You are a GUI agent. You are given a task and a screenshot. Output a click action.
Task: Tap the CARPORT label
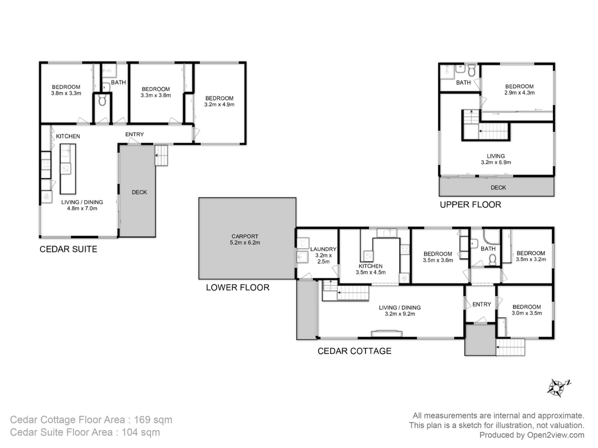pos(245,236)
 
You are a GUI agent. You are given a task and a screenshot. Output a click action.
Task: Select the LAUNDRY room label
pos(323,249)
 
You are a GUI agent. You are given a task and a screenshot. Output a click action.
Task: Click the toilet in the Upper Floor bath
pos(471,70)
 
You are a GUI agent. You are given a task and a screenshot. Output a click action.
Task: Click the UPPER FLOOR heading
pos(470,205)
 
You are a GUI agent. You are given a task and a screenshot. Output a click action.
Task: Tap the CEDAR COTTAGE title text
pos(354,351)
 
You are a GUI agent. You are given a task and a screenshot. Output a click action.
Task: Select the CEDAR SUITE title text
pos(69,249)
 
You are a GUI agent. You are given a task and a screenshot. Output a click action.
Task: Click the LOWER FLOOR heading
pos(238,287)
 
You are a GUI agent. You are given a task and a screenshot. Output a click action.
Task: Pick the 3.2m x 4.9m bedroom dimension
pos(219,105)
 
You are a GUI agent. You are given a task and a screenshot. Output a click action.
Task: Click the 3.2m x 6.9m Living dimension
pos(496,162)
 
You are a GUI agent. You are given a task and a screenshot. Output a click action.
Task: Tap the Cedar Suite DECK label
pos(139,192)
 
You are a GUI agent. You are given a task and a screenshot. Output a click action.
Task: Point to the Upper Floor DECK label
pos(498,187)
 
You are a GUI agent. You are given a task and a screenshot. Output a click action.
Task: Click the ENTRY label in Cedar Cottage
pos(482,304)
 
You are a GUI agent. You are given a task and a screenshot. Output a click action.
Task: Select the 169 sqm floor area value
pos(153,420)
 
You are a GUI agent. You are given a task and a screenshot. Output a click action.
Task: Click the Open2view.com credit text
pos(556,435)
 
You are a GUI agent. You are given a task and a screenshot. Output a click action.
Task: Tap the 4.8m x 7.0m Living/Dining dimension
pos(82,208)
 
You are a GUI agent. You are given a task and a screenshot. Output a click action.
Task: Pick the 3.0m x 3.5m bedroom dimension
pos(527,313)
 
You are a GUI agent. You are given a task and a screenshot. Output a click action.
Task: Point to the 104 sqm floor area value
pos(141,432)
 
